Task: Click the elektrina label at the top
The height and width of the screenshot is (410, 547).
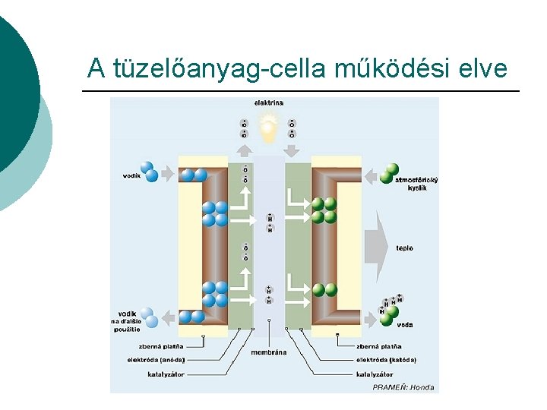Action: [269, 102]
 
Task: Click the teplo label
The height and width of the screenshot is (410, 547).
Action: [404, 248]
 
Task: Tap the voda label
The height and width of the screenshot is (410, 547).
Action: [405, 324]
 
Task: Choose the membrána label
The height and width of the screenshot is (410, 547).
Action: [268, 352]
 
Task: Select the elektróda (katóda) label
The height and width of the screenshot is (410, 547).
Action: [386, 359]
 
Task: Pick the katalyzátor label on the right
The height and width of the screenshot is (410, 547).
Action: [375, 374]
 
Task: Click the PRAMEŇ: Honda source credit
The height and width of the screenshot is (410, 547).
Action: [403, 387]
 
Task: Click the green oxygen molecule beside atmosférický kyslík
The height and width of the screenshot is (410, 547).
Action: [390, 173]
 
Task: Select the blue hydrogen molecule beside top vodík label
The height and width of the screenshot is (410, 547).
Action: [150, 172]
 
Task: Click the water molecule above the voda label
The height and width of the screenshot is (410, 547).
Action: [390, 308]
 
